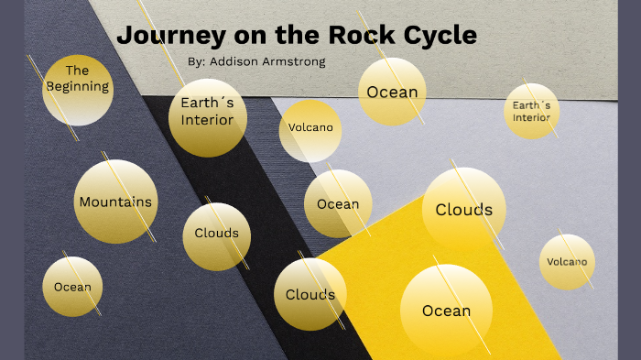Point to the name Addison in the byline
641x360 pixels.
click(x=235, y=61)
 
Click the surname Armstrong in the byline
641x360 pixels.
click(x=294, y=61)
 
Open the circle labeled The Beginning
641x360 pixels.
click(x=78, y=89)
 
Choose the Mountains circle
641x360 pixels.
click(x=115, y=202)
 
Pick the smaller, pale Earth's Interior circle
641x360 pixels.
click(x=531, y=111)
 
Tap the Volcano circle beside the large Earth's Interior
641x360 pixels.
click(x=310, y=129)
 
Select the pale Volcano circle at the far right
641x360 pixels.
click(x=567, y=262)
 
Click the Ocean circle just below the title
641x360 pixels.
click(x=392, y=92)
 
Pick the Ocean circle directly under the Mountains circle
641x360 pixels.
click(x=72, y=287)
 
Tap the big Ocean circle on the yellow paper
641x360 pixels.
click(x=446, y=311)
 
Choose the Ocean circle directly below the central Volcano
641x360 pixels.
click(x=338, y=203)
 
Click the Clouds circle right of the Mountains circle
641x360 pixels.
click(x=217, y=234)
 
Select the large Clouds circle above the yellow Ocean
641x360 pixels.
click(x=463, y=210)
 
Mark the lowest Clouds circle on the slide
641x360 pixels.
click(x=310, y=295)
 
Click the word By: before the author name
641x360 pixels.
click(x=195, y=61)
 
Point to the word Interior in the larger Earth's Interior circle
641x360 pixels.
click(x=207, y=120)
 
